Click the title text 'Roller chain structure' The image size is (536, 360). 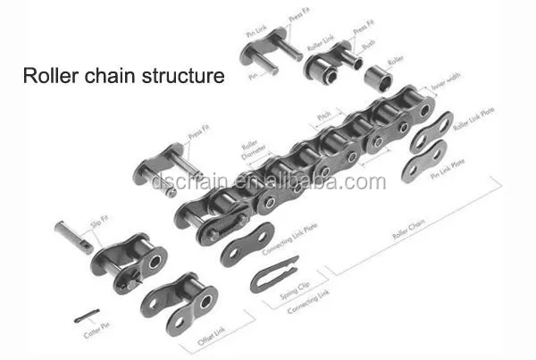click(123, 76)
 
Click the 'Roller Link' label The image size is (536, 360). click(320, 36)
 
